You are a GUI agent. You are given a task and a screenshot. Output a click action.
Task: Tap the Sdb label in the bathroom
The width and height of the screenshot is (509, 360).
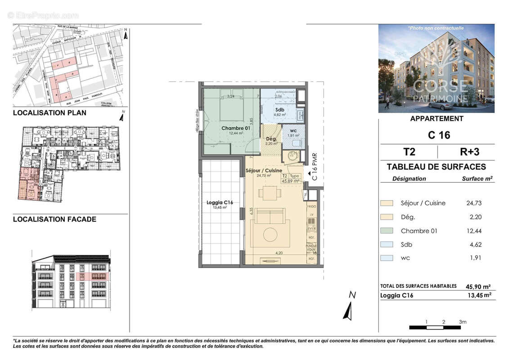pyautogui.click(x=279, y=110)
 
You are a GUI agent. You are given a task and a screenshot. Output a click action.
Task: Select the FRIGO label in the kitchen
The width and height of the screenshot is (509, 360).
pyautogui.click(x=311, y=206)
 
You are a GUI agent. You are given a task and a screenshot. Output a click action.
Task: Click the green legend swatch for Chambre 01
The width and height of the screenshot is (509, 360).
pyautogui.click(x=387, y=231)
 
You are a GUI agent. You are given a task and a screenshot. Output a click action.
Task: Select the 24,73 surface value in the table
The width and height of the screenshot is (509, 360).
pyautogui.click(x=474, y=203)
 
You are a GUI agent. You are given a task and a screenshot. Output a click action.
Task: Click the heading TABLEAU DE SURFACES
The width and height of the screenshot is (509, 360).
pyautogui.click(x=436, y=167)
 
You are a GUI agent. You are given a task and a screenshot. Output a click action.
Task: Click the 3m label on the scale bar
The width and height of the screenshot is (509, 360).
pyautogui.click(x=463, y=322)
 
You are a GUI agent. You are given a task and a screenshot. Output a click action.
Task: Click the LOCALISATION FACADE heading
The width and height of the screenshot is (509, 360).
pyautogui.click(x=54, y=220)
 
